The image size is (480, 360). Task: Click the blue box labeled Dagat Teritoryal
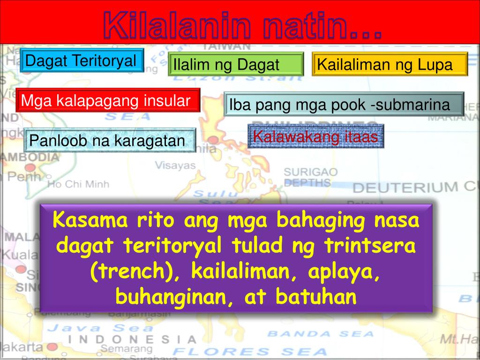tap(82, 60)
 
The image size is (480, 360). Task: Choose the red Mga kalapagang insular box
tap(108, 100)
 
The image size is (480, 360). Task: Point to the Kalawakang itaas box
tap(315, 136)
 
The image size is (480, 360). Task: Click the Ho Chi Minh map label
tap(79, 184)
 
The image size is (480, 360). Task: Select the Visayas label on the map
tap(175, 165)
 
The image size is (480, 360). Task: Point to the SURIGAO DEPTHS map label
tap(310, 177)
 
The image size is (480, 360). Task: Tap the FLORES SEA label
tap(250, 352)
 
